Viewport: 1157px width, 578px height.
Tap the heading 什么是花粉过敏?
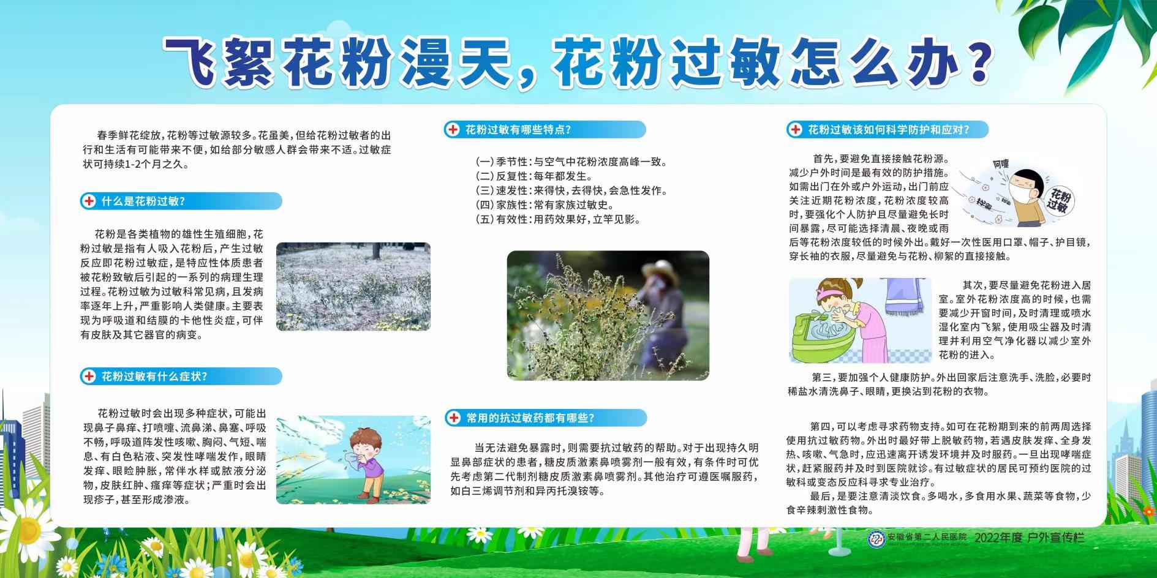pyautogui.click(x=143, y=201)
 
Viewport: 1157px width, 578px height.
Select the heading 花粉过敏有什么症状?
pyautogui.click(x=154, y=377)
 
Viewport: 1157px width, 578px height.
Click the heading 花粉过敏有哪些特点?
pyautogui.click(x=518, y=130)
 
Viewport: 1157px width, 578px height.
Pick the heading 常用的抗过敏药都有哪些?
pyautogui.click(x=530, y=418)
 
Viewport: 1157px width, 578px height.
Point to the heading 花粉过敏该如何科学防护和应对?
pyautogui.click(x=889, y=130)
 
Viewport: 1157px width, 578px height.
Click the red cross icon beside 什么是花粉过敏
pyautogui.click(x=89, y=201)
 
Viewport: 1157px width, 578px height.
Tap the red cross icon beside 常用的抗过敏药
pyautogui.click(x=454, y=418)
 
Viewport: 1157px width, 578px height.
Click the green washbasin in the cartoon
pyautogui.click(x=823, y=337)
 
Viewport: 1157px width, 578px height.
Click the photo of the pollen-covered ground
pyautogui.click(x=353, y=287)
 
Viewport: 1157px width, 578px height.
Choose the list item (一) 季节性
pyautogui.click(x=571, y=162)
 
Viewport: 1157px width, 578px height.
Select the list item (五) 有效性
pyautogui.click(x=558, y=219)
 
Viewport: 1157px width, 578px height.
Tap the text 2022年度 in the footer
pyautogui.click(x=998, y=538)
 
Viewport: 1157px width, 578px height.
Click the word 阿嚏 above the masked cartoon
pyautogui.click(x=1000, y=164)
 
